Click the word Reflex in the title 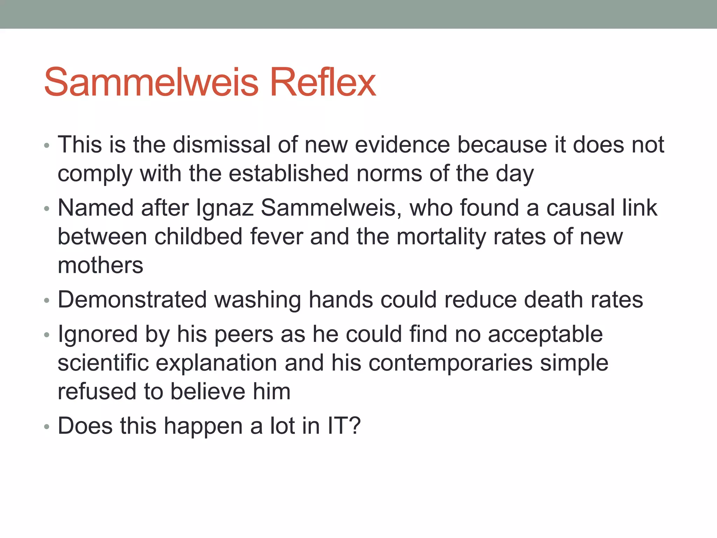(323, 83)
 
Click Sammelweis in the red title (151, 83)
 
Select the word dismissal (222, 145)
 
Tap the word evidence (402, 145)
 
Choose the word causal (580, 208)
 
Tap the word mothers (100, 265)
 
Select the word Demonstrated (132, 300)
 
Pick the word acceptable (545, 334)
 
